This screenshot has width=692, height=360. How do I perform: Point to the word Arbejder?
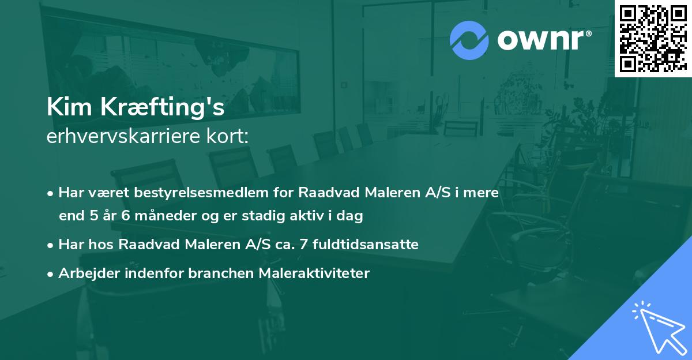[x=84, y=273]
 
